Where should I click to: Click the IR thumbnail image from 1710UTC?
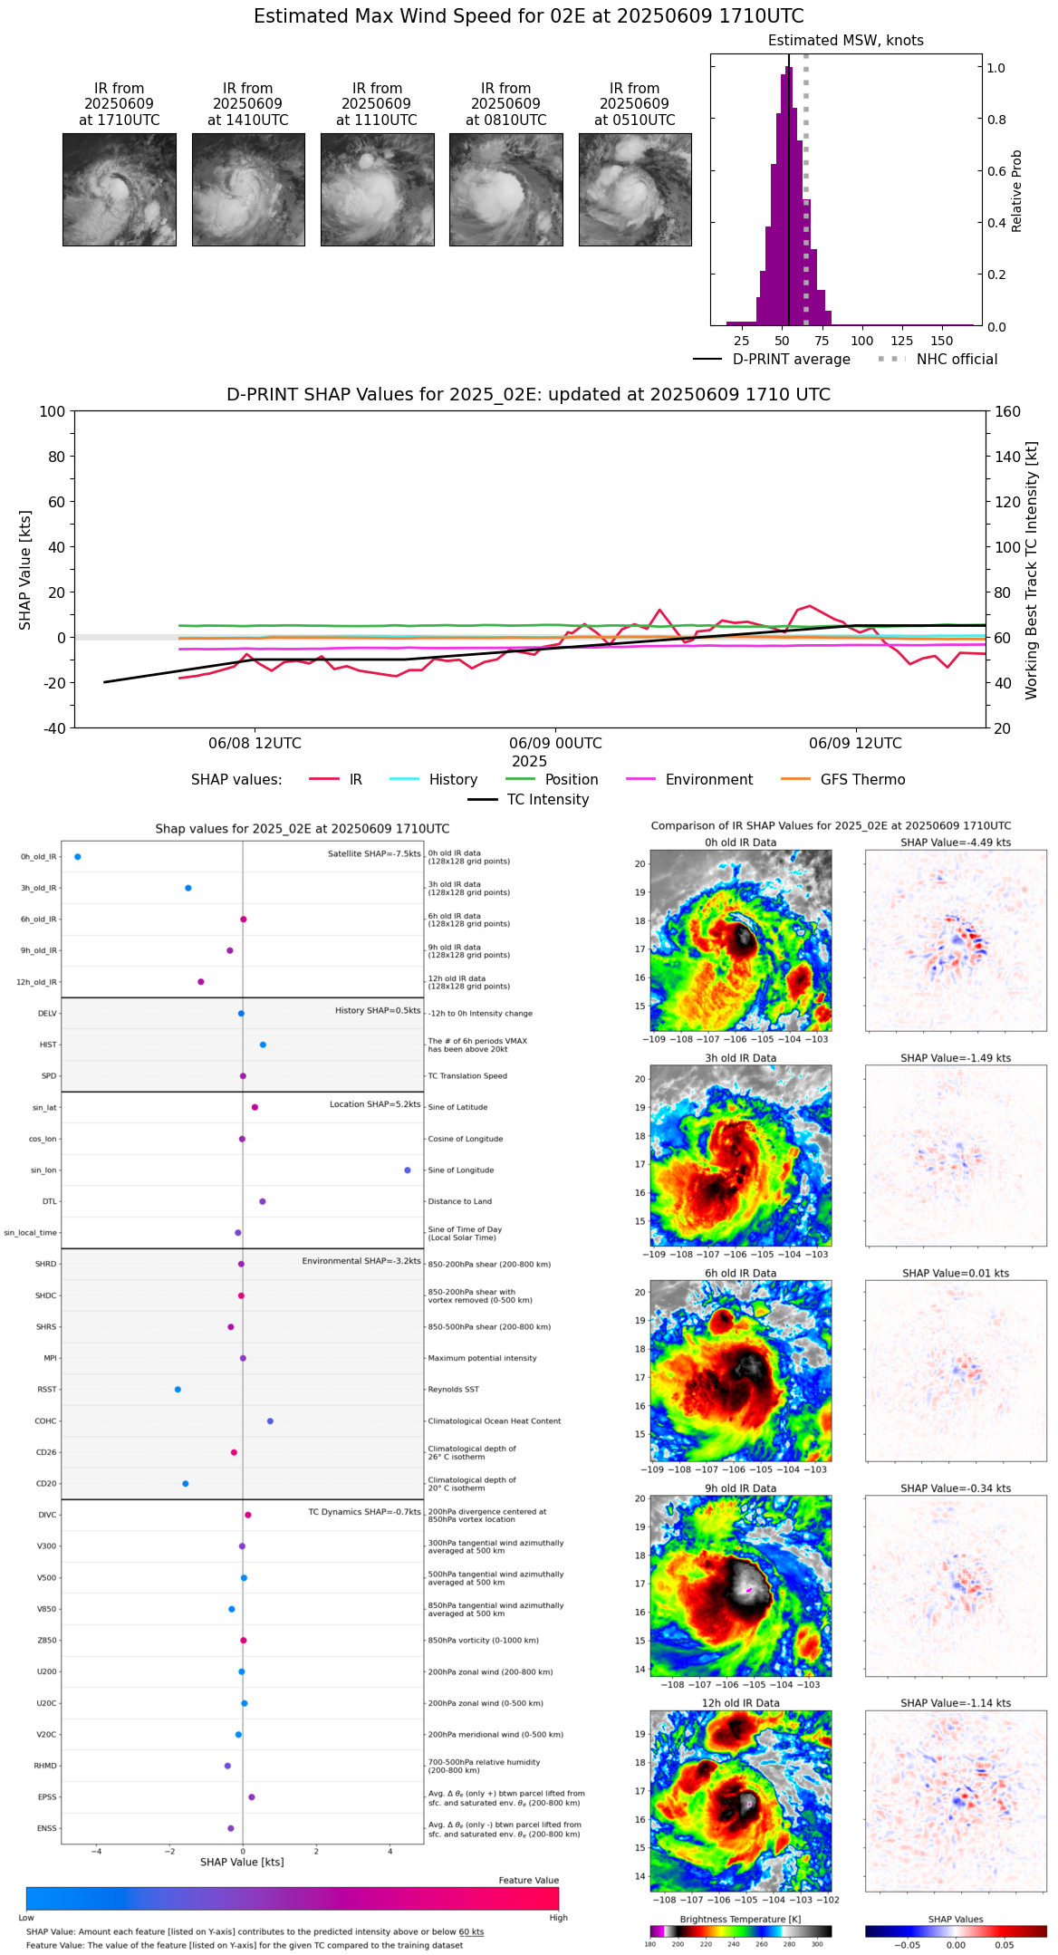pos(120,189)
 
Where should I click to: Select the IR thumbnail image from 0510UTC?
pos(635,189)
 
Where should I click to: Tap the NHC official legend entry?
pos(956,360)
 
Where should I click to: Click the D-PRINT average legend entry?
pos(791,360)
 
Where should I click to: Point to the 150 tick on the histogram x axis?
pos(942,341)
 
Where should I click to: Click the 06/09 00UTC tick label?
pos(555,743)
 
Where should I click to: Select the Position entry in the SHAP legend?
pos(571,780)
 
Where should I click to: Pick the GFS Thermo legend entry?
pos(862,780)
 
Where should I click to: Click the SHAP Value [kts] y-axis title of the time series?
pos(25,570)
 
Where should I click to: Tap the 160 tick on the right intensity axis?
pos(1007,411)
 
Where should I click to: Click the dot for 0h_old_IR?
pos(78,856)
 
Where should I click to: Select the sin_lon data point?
pos(408,1170)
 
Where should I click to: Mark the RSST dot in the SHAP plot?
pos(178,1389)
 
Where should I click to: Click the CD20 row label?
pos(46,1483)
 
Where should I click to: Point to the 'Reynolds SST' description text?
pos(453,1389)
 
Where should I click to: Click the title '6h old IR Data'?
pos(740,1273)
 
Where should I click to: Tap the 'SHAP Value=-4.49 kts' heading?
pos(956,843)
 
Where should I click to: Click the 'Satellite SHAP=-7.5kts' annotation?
pos(374,853)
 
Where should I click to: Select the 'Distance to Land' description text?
pos(459,1201)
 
